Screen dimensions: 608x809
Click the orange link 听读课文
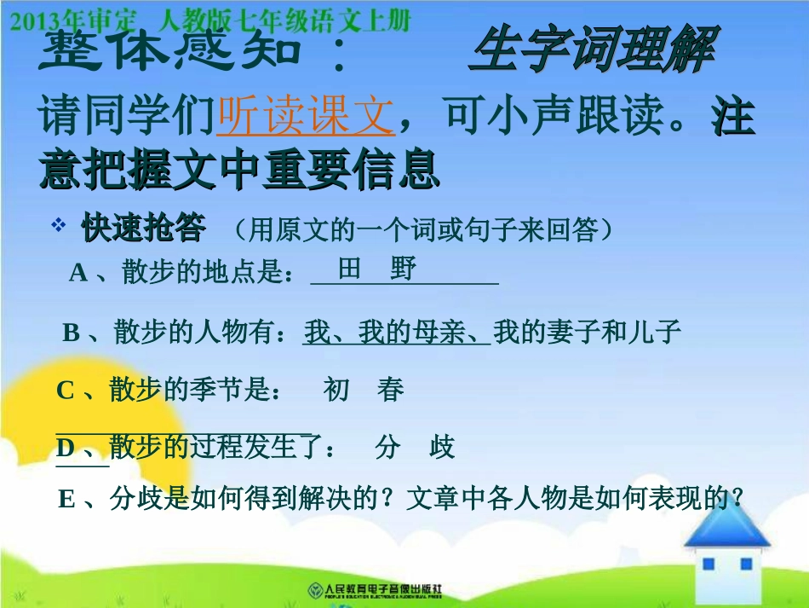pyautogui.click(x=306, y=118)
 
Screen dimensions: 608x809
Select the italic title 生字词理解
pyautogui.click(x=592, y=51)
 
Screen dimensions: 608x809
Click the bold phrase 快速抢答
pyautogui.click(x=143, y=228)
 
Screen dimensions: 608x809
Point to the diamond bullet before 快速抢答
pyautogui.click(x=59, y=226)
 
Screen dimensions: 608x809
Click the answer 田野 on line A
pyautogui.click(x=377, y=269)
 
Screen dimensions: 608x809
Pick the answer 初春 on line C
pyautogui.click(x=364, y=391)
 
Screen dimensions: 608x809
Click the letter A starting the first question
pyautogui.click(x=78, y=273)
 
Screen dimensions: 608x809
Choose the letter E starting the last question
pyautogui.click(x=66, y=500)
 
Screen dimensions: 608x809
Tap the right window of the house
pyautogui.click(x=747, y=565)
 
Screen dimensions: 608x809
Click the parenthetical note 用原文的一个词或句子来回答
pyautogui.click(x=422, y=229)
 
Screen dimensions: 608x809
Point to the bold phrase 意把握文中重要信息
pyautogui.click(x=239, y=170)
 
